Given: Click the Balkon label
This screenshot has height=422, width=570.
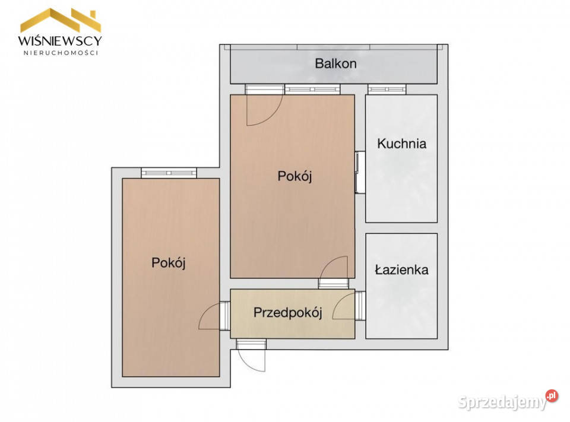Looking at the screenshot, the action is point(335,64).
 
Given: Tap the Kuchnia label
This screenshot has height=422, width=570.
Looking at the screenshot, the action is point(402,144).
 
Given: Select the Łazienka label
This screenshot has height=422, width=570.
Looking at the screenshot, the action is point(401,269).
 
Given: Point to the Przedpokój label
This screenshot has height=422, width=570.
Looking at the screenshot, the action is point(288,313).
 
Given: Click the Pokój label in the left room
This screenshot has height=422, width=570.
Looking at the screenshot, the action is point(169,263).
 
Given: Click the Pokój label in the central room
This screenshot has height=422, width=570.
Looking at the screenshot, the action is point(295,176).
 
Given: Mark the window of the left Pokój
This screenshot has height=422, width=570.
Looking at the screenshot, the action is point(169,173).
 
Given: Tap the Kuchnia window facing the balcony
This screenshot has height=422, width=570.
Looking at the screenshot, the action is point(387,90).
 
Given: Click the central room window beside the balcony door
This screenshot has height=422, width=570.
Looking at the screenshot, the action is point(312,90).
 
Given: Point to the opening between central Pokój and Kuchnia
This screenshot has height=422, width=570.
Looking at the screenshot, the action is point(360,172).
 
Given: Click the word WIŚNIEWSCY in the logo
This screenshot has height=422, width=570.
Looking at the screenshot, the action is point(60,40).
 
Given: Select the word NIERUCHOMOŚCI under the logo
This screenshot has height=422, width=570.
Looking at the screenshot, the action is point(61,53).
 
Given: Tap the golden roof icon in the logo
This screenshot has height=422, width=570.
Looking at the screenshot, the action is point(61,20).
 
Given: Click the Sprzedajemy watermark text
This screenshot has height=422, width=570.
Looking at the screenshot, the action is point(503,402).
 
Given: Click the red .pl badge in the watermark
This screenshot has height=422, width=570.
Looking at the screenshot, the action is point(552,396).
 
